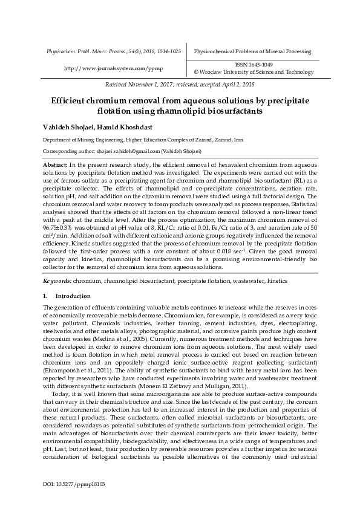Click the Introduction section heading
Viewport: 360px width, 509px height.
73,296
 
